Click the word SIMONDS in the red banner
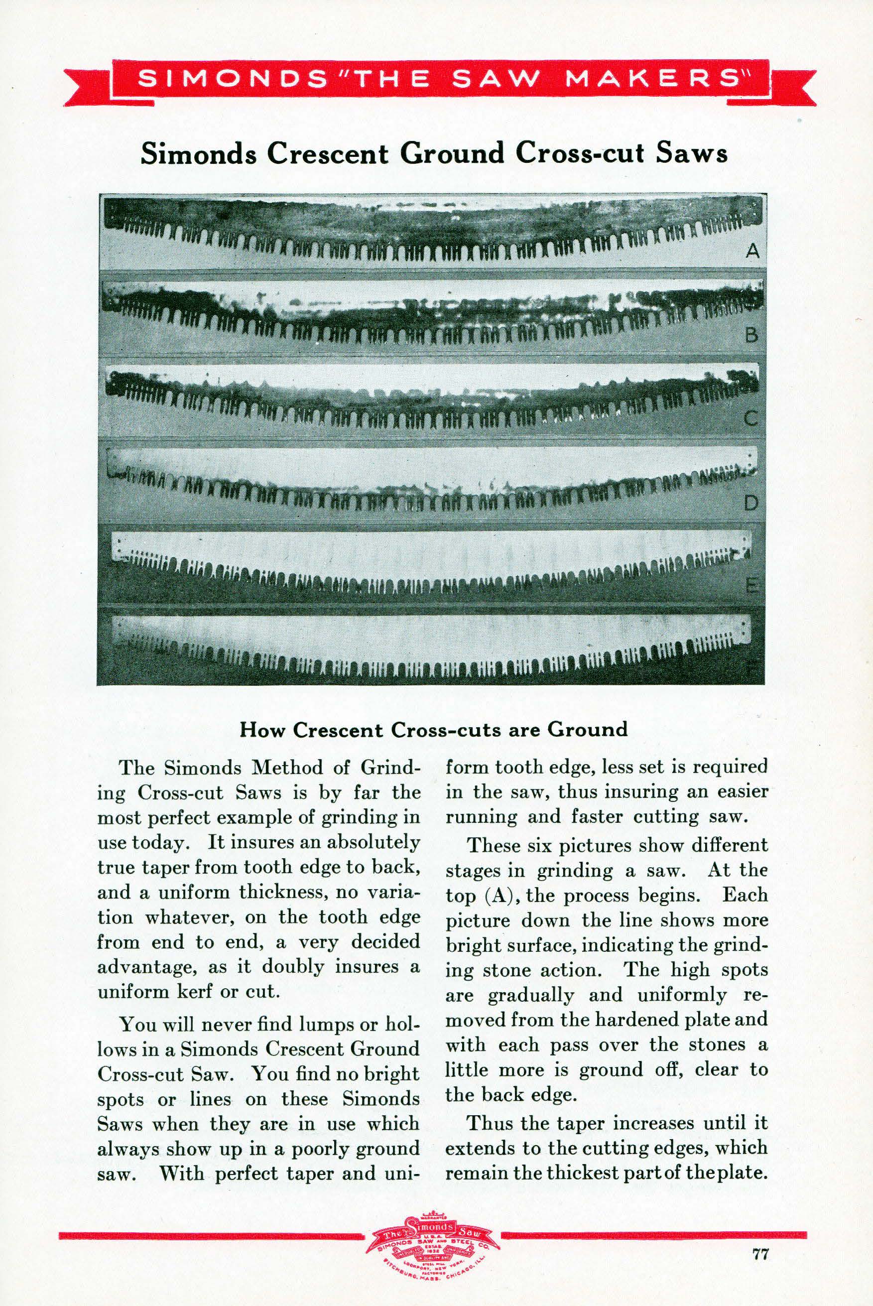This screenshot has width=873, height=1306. coord(233,79)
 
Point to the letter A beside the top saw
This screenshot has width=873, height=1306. coord(752,252)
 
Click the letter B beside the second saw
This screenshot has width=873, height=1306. coord(751,336)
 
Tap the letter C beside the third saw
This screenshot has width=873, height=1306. coord(751,418)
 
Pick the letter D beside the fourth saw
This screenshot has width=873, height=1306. coord(751,503)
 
